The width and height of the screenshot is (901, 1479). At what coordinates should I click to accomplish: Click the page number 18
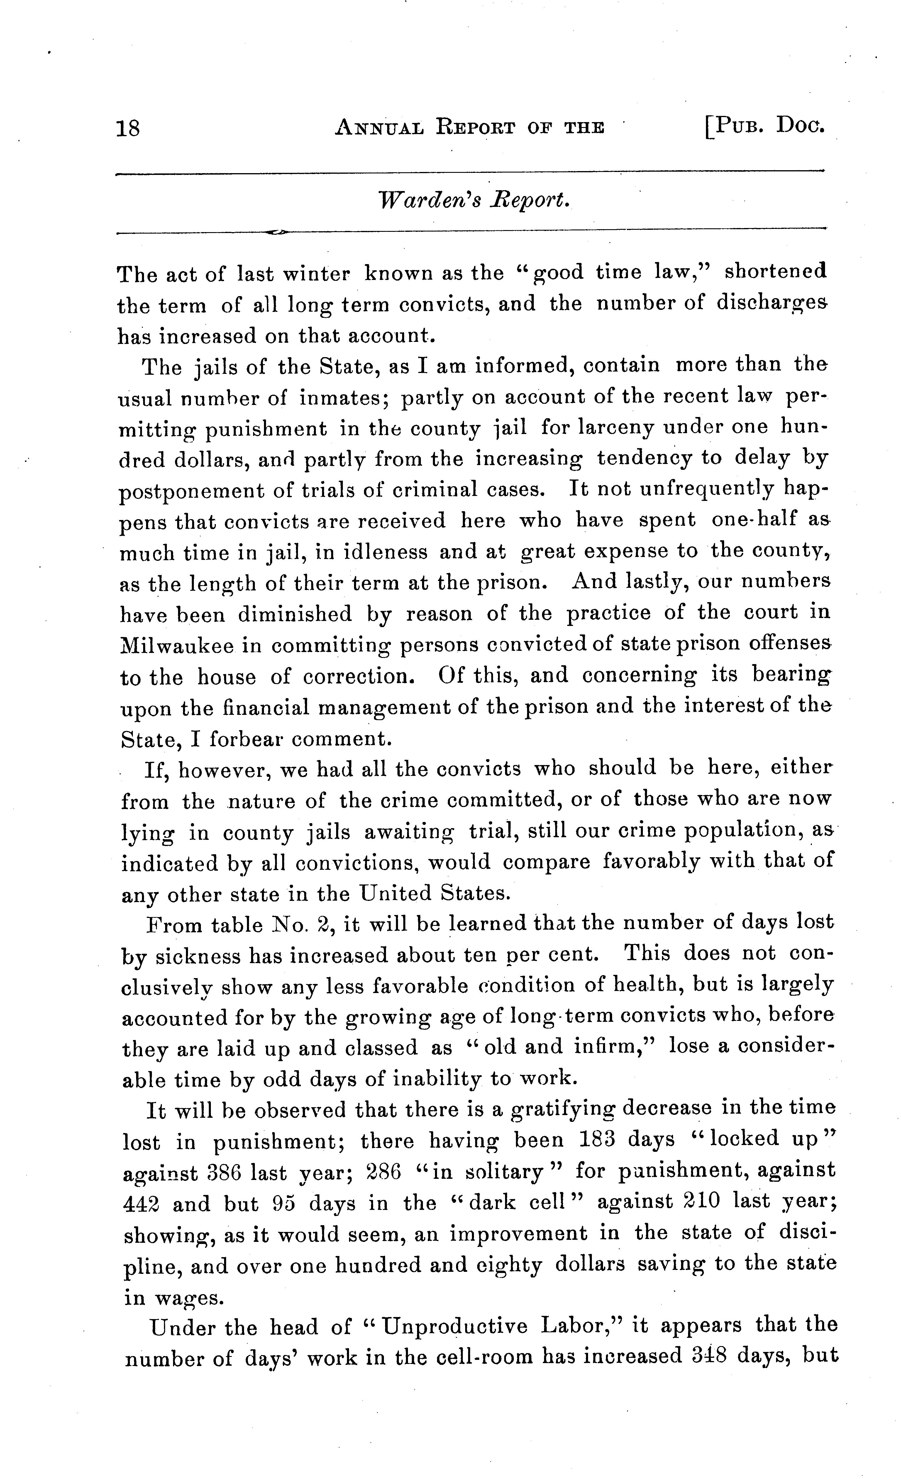(x=128, y=129)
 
